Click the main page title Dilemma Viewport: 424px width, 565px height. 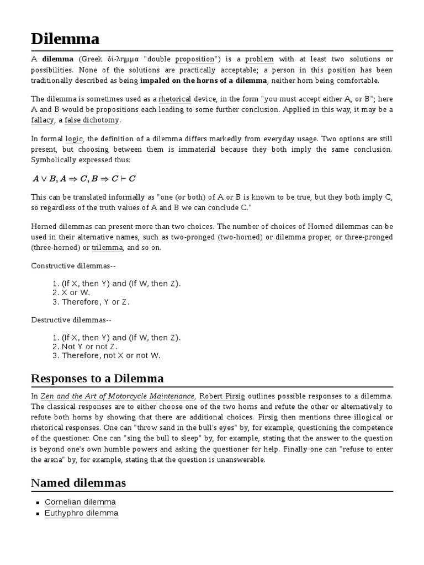[x=65, y=39]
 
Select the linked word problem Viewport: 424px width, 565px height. [x=259, y=60]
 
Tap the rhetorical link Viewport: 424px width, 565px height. [x=174, y=99]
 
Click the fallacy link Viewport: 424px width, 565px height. [x=43, y=120]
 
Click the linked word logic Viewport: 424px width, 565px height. [x=73, y=139]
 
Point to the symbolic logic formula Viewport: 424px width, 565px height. [x=83, y=178]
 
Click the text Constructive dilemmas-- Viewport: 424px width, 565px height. [x=73, y=266]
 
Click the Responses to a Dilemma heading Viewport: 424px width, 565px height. [x=97, y=379]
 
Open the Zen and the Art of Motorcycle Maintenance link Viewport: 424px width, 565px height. [x=118, y=396]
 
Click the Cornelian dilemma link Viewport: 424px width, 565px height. [x=80, y=502]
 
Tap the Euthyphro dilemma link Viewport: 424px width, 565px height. [x=81, y=513]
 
